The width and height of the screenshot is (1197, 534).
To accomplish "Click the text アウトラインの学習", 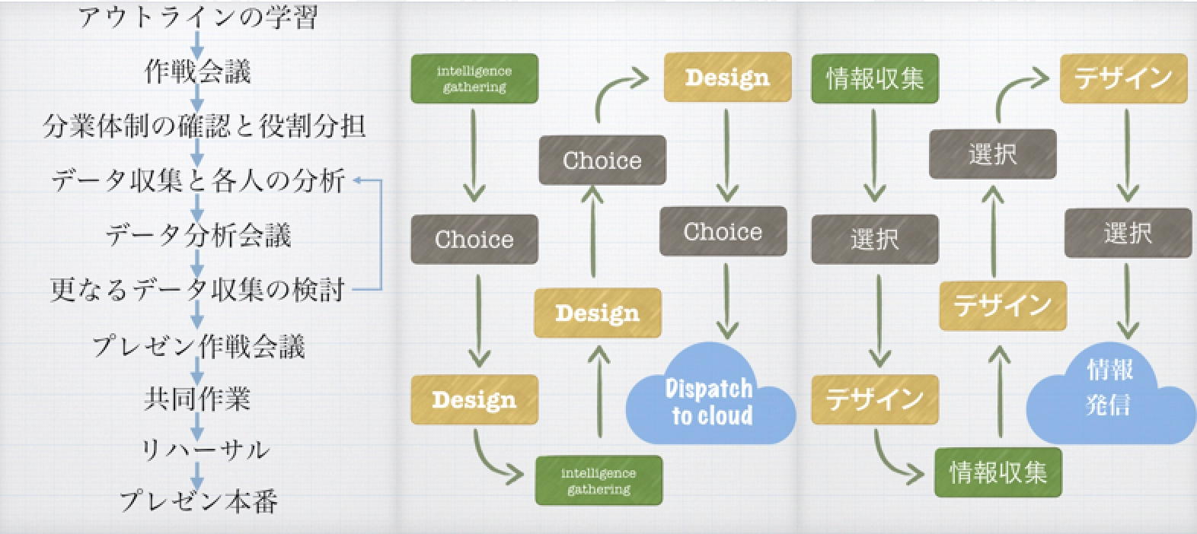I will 198,17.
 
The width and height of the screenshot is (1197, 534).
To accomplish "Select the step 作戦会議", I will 198,72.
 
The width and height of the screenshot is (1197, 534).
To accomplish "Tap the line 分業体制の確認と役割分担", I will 204,126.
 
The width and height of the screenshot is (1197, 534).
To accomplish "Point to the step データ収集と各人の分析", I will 198,181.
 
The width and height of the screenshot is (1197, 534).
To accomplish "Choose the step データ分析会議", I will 198,235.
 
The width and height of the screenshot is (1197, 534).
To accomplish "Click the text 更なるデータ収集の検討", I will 197,290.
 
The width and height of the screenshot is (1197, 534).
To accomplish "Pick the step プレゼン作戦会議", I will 198,346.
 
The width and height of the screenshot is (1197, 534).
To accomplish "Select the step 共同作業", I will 197,399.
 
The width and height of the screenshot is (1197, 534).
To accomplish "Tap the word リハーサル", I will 205,450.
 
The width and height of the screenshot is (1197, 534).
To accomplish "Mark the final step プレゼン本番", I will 198,501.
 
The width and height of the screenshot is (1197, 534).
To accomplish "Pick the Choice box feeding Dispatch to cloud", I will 723,231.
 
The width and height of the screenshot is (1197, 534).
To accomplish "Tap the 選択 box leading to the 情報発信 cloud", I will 1127,233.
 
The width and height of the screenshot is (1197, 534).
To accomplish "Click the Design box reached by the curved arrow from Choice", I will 727,77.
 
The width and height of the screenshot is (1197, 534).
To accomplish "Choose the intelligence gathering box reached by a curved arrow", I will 598,481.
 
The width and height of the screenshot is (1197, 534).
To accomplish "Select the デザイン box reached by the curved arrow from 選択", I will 1123,78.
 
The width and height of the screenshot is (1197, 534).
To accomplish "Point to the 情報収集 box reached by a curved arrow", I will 997,472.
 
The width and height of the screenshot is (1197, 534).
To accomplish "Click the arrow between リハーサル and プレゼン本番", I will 197,476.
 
